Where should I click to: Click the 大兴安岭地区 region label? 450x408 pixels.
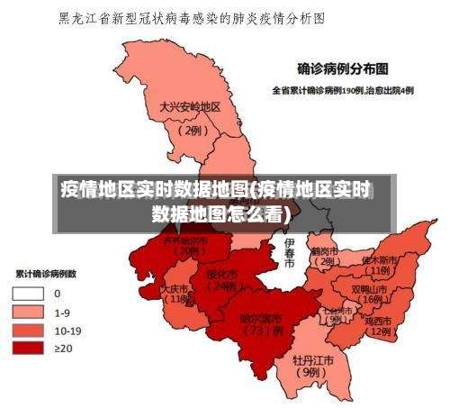[x=190, y=106]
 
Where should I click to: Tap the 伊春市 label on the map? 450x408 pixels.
[x=289, y=254]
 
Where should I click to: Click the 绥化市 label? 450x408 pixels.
[x=221, y=274]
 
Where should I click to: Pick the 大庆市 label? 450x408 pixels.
[x=175, y=289]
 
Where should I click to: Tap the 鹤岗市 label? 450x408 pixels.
[x=324, y=251]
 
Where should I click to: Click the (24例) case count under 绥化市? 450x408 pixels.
[x=221, y=286]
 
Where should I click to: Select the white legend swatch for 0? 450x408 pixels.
[x=28, y=294]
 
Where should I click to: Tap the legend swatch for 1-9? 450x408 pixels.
[x=28, y=312]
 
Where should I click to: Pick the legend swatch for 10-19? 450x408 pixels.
[x=28, y=330]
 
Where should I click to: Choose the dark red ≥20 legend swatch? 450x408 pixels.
[x=28, y=348]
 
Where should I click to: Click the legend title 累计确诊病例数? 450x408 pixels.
[x=45, y=273]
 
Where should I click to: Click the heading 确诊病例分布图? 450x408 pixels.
[x=343, y=67]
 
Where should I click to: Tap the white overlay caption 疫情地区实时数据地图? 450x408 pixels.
[x=216, y=190]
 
